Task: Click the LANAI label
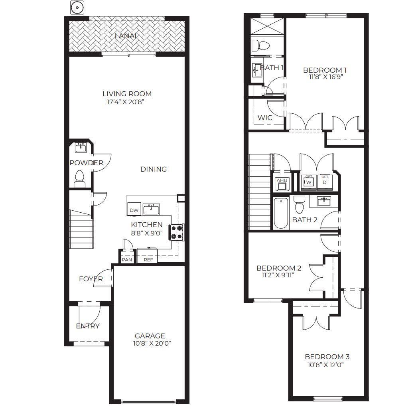(x=126, y=36)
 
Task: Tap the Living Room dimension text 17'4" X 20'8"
(x=127, y=102)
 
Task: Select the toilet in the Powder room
(x=80, y=178)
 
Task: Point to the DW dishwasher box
(x=134, y=210)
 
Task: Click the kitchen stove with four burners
(x=177, y=233)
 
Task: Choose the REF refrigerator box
(x=148, y=259)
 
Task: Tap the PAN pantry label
(x=127, y=259)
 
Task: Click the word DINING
(x=154, y=169)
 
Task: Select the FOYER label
(x=91, y=279)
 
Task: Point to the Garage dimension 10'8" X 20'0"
(x=150, y=343)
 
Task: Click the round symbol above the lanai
(x=77, y=8)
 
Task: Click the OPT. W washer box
(x=308, y=182)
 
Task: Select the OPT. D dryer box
(x=325, y=182)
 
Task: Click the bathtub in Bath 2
(x=281, y=213)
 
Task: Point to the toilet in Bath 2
(x=299, y=204)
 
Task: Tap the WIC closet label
(x=265, y=118)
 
